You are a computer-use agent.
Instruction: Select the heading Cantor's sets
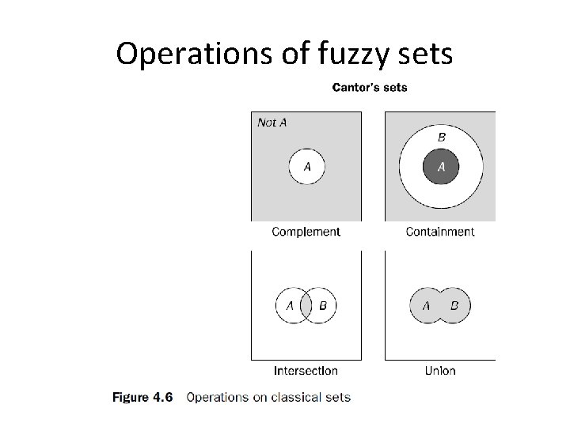click(370, 87)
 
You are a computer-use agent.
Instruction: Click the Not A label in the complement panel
click(272, 123)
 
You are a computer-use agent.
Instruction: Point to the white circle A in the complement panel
click(306, 167)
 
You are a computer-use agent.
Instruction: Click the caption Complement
click(306, 232)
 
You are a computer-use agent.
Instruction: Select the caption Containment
click(440, 232)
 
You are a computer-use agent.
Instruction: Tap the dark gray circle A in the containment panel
click(441, 167)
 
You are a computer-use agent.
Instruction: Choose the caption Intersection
click(306, 370)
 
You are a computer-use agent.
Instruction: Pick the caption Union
click(440, 370)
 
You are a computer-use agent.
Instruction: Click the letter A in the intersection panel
click(290, 306)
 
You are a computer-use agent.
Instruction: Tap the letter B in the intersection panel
click(323, 306)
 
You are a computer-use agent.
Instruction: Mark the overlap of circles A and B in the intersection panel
click(306, 306)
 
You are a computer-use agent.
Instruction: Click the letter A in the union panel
click(427, 306)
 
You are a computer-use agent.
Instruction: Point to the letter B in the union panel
click(454, 306)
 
